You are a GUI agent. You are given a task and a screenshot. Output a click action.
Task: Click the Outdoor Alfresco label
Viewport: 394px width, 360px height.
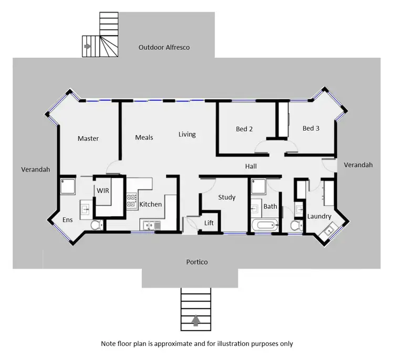pos(164,47)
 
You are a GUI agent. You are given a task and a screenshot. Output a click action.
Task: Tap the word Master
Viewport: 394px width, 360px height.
pos(88,139)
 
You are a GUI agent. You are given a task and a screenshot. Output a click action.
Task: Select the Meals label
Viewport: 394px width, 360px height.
pos(144,137)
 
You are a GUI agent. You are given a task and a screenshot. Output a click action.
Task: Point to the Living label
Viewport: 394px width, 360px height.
pos(186,134)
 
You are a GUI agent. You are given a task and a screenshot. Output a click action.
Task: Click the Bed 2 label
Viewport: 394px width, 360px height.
pos(244,129)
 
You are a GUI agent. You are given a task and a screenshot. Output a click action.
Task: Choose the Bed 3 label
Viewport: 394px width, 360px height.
pos(311,128)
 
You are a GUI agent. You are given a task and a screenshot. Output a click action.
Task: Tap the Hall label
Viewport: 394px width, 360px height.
pos(251,166)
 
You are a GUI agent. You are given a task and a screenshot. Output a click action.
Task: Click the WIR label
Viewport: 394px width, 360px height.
pos(103,190)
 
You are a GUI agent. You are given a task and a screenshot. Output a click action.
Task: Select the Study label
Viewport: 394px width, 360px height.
pos(226,197)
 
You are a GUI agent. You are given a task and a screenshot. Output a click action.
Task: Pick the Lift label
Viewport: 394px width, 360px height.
pos(209,223)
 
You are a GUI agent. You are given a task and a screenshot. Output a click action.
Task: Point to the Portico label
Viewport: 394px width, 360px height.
pos(197,262)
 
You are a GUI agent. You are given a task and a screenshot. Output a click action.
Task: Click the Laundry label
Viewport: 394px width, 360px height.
pos(319,216)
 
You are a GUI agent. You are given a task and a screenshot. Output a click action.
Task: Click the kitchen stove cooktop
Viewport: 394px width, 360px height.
pos(131,199)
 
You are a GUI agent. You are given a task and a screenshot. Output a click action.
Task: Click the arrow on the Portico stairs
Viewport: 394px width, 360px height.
pos(196,320)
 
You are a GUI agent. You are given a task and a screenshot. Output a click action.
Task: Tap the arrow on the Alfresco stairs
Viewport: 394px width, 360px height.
pos(87,46)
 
